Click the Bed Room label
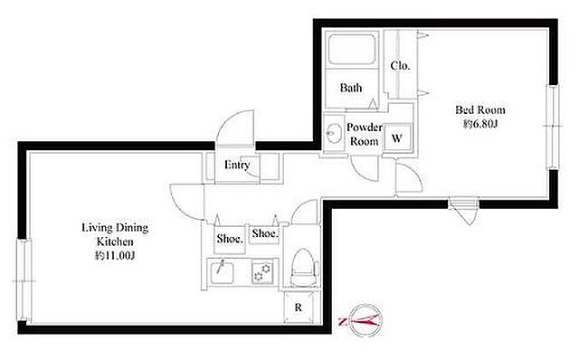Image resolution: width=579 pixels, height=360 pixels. tap(479, 109)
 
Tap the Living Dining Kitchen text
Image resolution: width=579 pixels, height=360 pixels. tap(115, 234)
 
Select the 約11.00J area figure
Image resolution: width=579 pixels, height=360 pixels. tap(115, 255)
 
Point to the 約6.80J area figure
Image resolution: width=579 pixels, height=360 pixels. tap(480, 124)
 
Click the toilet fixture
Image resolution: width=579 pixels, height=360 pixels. tap(305, 268)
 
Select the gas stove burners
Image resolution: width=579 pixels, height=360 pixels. tap(262, 271)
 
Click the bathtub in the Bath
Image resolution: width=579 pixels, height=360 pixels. tap(352, 49)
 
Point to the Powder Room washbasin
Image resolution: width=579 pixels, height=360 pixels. tap(334, 132)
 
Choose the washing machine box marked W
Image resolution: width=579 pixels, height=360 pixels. tap(397, 138)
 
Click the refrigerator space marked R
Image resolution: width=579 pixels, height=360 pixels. tap(299, 308)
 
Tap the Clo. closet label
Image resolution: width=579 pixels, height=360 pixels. tap(400, 66)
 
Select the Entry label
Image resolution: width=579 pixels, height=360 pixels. tap(237, 165)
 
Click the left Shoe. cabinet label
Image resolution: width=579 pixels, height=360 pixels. tap(230, 239)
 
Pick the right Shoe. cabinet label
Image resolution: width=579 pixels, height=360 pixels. tap(264, 233)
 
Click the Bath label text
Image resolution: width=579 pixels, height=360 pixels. tap(351, 88)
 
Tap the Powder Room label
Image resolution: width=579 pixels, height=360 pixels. tap(364, 135)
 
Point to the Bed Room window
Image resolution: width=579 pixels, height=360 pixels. tap(553, 127)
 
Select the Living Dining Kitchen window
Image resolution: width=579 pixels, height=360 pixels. tap(24, 280)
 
